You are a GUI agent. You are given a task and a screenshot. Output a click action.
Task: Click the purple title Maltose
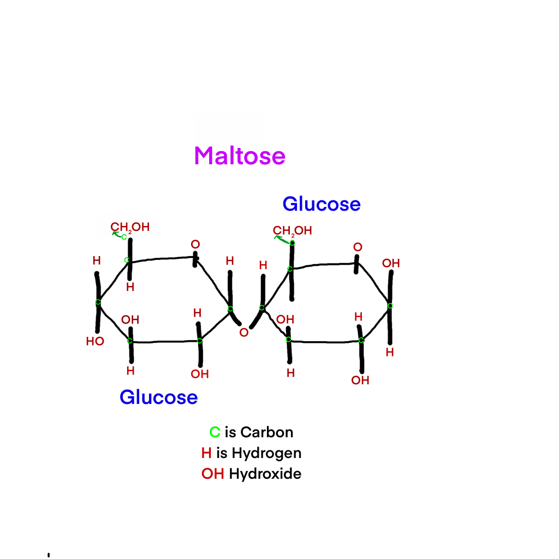pos(240,156)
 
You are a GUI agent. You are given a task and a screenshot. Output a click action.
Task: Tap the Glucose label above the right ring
pos(322,204)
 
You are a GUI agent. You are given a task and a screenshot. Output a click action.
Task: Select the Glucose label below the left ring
pos(159,397)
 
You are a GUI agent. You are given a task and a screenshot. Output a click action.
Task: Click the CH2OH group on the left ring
pos(130,228)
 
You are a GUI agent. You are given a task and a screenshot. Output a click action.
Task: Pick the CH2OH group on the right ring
pos(293,231)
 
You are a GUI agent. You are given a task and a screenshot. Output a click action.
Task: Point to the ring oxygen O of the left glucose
pos(195,244)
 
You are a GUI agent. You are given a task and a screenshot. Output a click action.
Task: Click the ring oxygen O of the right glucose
pos(358,247)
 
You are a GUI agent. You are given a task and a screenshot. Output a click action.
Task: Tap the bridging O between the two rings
pos(244,332)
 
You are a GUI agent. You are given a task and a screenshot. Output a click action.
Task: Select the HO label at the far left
pos(95,342)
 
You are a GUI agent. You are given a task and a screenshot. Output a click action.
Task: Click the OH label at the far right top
pos(391,264)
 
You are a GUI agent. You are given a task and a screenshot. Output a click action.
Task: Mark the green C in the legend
pos(215,432)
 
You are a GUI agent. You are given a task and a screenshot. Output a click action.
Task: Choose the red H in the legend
pos(206,453)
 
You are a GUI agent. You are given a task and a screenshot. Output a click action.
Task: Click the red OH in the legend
pos(213,474)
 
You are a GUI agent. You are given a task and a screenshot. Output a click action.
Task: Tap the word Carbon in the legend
pos(266,432)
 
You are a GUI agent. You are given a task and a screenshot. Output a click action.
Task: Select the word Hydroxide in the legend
pos(265,474)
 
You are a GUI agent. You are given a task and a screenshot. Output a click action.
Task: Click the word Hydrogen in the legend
pos(266,454)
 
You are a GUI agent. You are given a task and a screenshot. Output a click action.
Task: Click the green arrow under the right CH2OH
pos(282,240)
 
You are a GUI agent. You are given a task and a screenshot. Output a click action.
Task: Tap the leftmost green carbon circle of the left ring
pos(98,302)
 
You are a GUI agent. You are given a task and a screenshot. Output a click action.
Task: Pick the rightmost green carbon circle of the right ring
pos(390,306)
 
